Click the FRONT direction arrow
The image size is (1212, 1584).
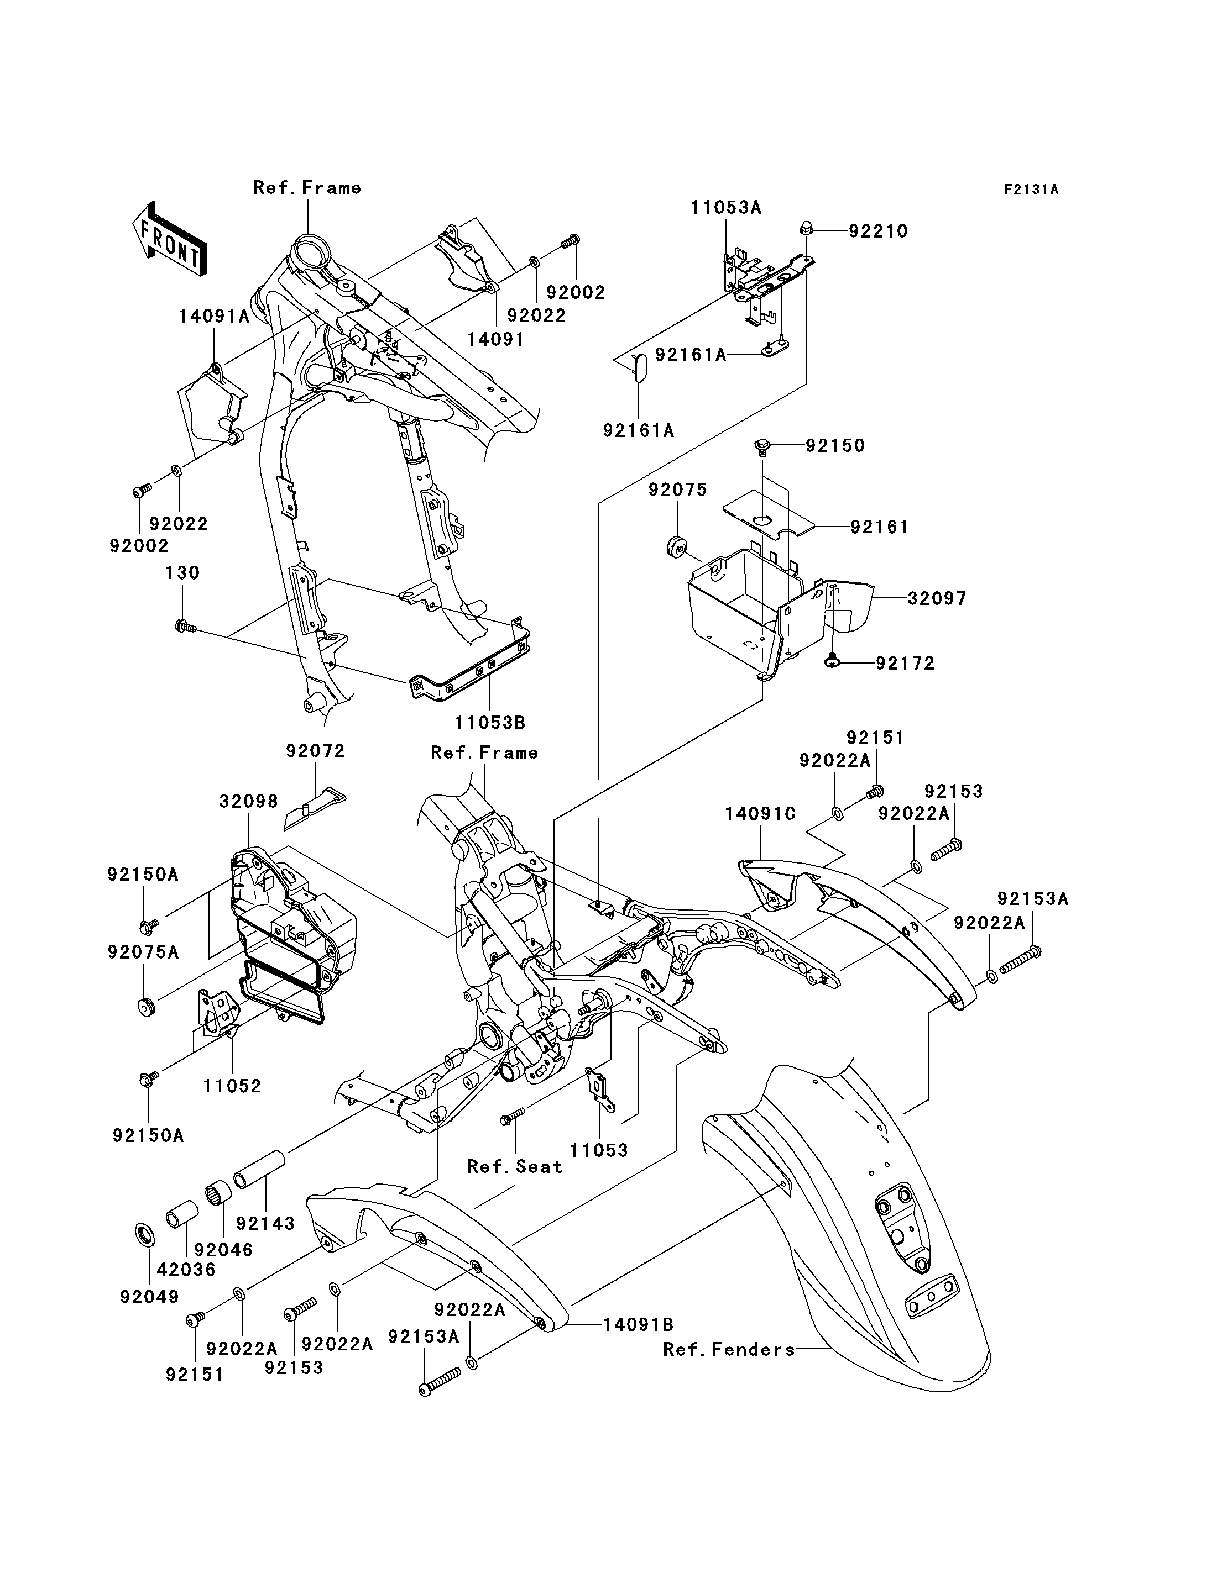coord(170,239)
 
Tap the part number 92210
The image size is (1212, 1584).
coord(878,231)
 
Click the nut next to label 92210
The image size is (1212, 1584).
coord(807,229)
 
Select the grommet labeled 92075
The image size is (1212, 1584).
coord(676,546)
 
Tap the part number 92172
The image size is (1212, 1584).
coord(905,664)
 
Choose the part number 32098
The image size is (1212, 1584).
coord(249,801)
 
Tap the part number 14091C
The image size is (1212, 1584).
coord(760,814)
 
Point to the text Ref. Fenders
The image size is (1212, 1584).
coord(729,1350)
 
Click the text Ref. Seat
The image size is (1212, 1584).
coord(514,1166)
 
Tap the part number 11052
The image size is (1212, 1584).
coord(232,1086)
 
